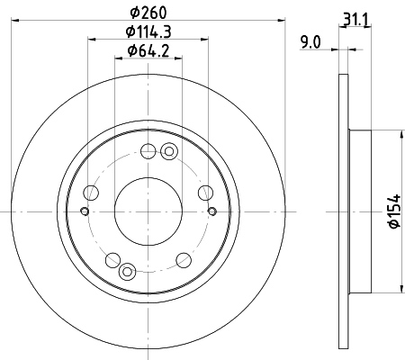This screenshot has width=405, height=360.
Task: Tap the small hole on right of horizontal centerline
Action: pos(211,211)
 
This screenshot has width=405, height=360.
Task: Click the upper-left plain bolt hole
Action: pos(90,192)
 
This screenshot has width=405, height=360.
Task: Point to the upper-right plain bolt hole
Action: pos(204,192)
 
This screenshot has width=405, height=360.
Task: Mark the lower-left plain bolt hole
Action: pos(112,260)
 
